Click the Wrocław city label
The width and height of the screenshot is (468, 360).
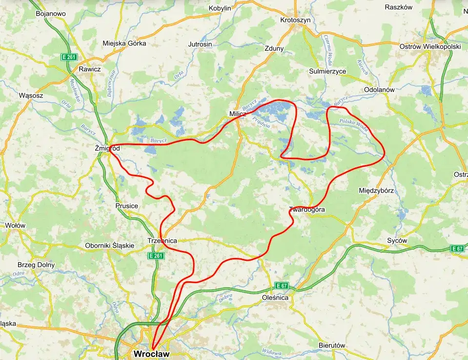point(152,353)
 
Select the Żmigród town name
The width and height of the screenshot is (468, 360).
point(108,148)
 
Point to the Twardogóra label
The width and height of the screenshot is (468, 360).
point(307,210)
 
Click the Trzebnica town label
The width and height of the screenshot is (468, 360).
point(162,240)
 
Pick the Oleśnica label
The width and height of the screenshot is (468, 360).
point(275,297)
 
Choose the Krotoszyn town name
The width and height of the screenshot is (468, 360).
point(296,20)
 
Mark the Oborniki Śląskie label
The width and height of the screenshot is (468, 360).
point(109,245)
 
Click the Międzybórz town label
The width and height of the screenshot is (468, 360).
point(376,190)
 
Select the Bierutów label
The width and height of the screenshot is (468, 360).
point(332,345)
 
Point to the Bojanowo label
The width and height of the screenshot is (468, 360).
point(51,14)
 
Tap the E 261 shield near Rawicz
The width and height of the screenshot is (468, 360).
point(69,57)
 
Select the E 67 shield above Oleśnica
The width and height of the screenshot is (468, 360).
point(282,285)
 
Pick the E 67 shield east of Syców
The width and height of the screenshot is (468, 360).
point(457,249)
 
